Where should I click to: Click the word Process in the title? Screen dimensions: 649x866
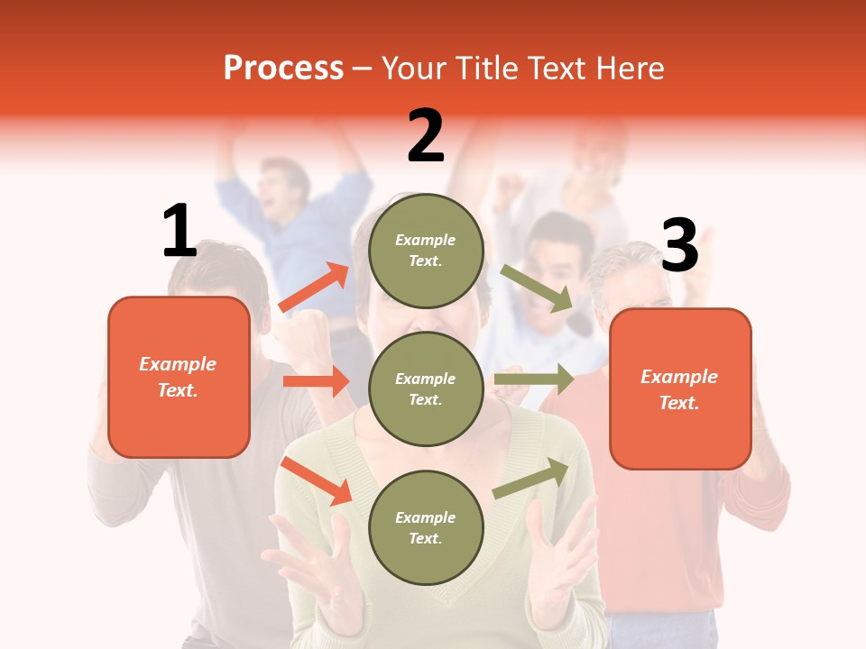(x=283, y=69)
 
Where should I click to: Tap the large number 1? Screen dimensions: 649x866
(x=180, y=232)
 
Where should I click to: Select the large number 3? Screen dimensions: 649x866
(x=679, y=247)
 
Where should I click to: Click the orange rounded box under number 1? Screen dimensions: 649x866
(x=179, y=377)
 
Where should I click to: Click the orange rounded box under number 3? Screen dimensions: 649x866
(x=680, y=388)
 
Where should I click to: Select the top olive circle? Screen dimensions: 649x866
(x=426, y=251)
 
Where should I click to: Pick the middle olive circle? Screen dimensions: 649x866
(x=426, y=388)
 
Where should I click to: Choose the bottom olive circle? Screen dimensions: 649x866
(x=426, y=527)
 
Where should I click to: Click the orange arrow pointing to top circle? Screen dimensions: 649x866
(x=314, y=288)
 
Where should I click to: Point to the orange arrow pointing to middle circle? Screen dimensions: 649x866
(x=316, y=381)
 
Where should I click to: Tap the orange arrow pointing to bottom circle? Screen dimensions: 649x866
(x=316, y=480)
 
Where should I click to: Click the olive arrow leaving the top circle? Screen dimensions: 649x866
(x=538, y=288)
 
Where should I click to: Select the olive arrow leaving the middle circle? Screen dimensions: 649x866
(x=534, y=379)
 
